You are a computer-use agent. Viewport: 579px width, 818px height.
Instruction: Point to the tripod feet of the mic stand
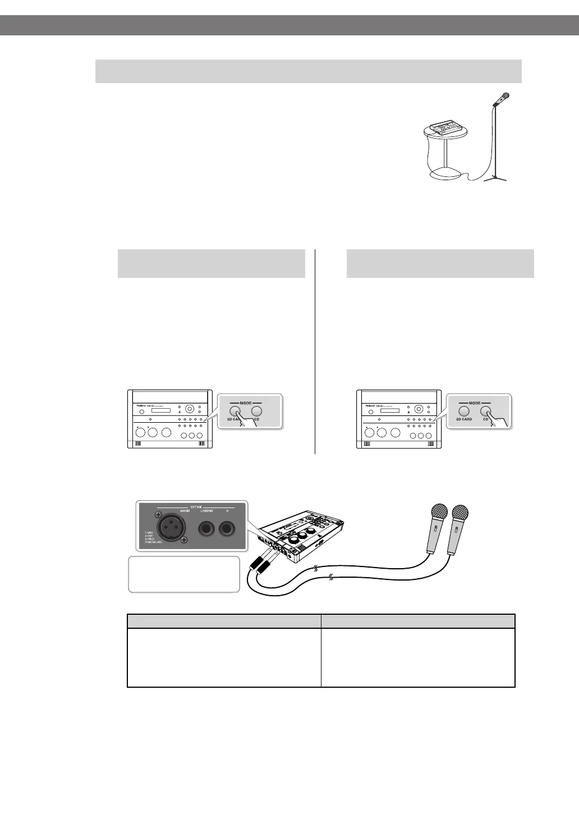point(495,178)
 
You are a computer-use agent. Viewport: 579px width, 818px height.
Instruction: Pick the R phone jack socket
point(228,529)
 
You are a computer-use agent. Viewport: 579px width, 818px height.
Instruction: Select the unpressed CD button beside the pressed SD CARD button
point(257,411)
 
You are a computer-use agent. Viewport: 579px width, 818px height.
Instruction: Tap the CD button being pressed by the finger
point(486,411)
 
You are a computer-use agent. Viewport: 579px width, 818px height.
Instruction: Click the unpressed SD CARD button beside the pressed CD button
point(464,411)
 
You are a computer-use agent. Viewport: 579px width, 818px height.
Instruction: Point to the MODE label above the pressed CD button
point(475,403)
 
